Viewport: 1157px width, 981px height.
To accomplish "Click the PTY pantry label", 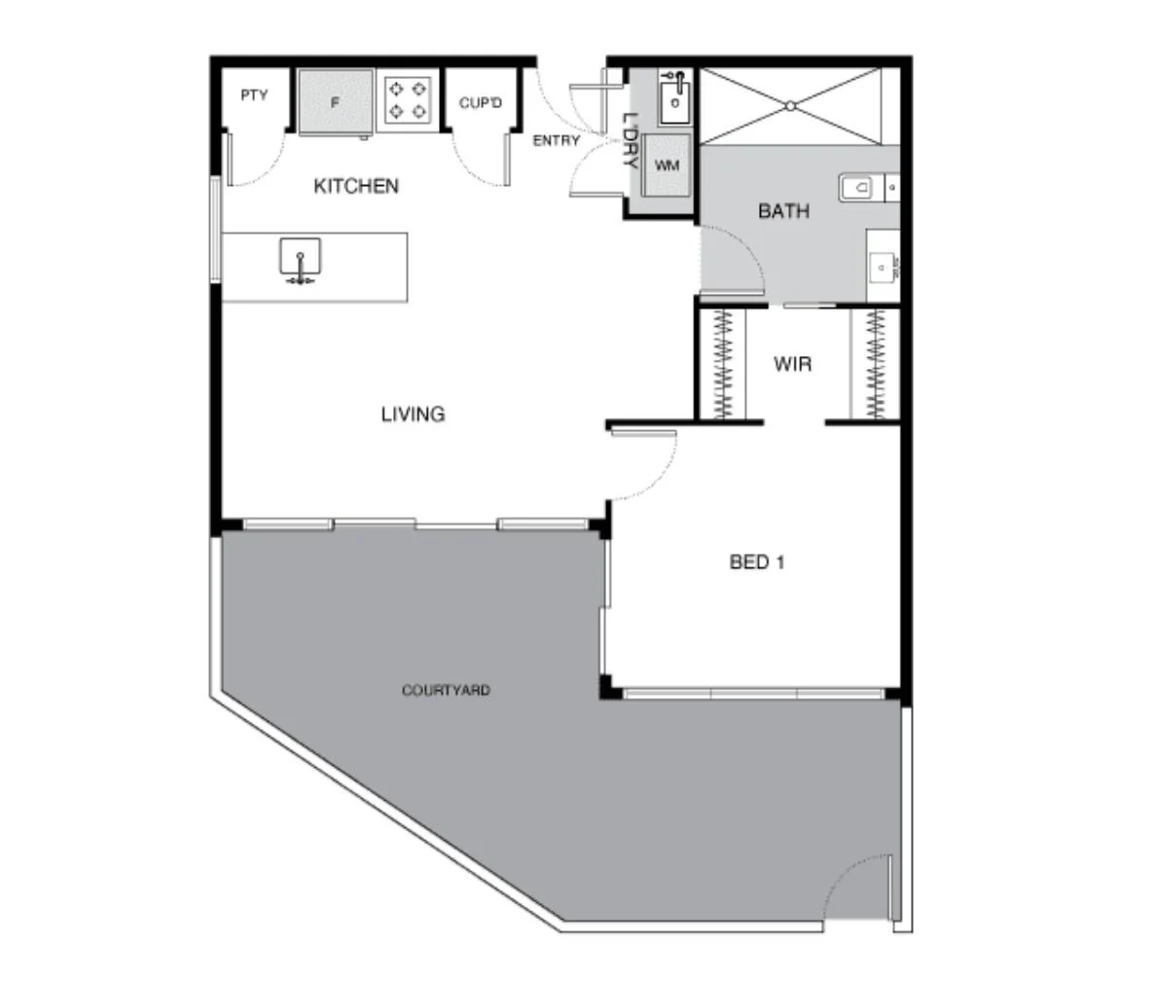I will (254, 95).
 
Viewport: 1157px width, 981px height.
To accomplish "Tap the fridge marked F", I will (336, 101).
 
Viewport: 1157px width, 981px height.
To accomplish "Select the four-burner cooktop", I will (408, 99).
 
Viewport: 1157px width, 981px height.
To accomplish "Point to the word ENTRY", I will (556, 141).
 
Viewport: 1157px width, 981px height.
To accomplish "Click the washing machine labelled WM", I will (667, 165).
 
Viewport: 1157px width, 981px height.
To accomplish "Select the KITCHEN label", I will (355, 186).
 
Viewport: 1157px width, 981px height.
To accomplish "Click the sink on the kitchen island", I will (301, 260).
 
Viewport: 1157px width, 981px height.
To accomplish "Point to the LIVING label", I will (413, 415).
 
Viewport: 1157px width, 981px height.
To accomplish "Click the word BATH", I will (783, 211).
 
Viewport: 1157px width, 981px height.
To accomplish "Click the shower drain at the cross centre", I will (790, 106).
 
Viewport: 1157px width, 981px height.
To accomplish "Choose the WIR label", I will (792, 365).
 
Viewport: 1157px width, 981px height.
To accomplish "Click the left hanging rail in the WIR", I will (724, 364).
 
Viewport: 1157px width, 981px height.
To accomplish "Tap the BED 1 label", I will (756, 562).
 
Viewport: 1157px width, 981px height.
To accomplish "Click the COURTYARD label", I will (446, 691).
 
